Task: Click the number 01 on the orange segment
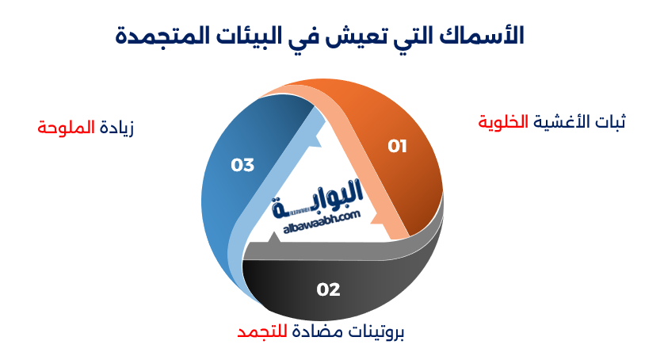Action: tap(397, 146)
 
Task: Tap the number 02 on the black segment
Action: tap(328, 289)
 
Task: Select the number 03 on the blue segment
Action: tap(242, 165)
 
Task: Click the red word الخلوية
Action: tap(503, 122)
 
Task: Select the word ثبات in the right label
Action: tap(609, 122)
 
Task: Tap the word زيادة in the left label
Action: tap(116, 127)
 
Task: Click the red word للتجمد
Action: tap(261, 332)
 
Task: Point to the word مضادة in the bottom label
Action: tap(311, 332)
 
